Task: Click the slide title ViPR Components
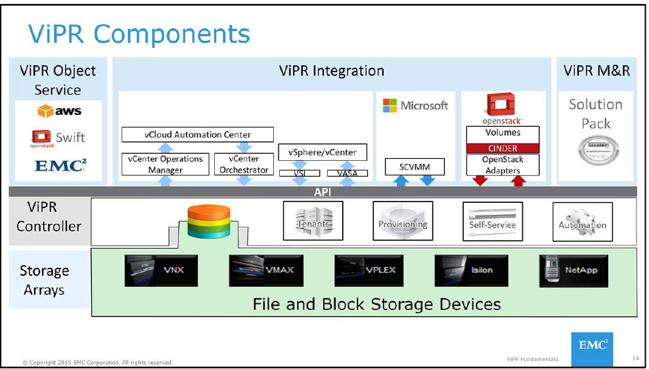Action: pyautogui.click(x=138, y=34)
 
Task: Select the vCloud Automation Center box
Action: pyautogui.click(x=198, y=135)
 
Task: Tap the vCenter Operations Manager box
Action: pyautogui.click(x=165, y=164)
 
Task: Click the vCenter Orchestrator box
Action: pyautogui.click(x=244, y=164)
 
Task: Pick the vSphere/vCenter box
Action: pyautogui.click(x=323, y=152)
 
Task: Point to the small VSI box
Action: pyautogui.click(x=299, y=173)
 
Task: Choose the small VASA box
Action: pyautogui.click(x=347, y=173)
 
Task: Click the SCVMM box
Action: pyautogui.click(x=414, y=167)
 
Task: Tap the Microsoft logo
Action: pyautogui.click(x=415, y=106)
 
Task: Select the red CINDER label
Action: pyautogui.click(x=503, y=148)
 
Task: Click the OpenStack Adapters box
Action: pyautogui.click(x=503, y=165)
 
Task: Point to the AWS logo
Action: pyautogui.click(x=59, y=112)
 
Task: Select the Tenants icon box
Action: pyautogui.click(x=312, y=221)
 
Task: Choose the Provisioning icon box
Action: pyautogui.click(x=403, y=221)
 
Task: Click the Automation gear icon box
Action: pyautogui.click(x=582, y=221)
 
